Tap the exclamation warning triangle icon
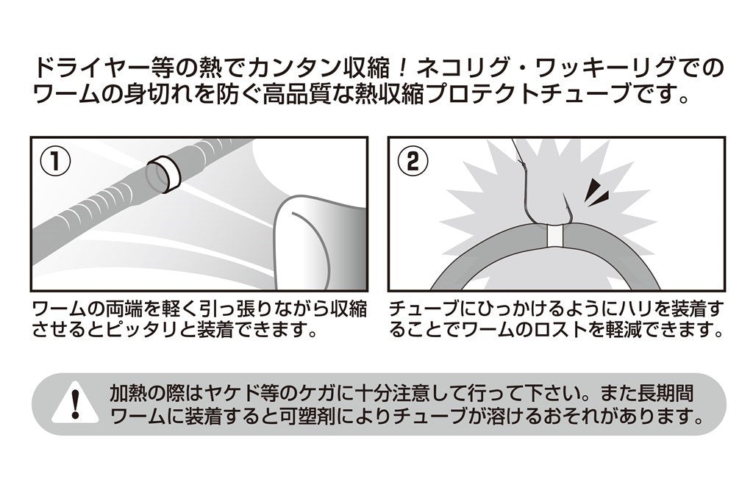click(x=75, y=404)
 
